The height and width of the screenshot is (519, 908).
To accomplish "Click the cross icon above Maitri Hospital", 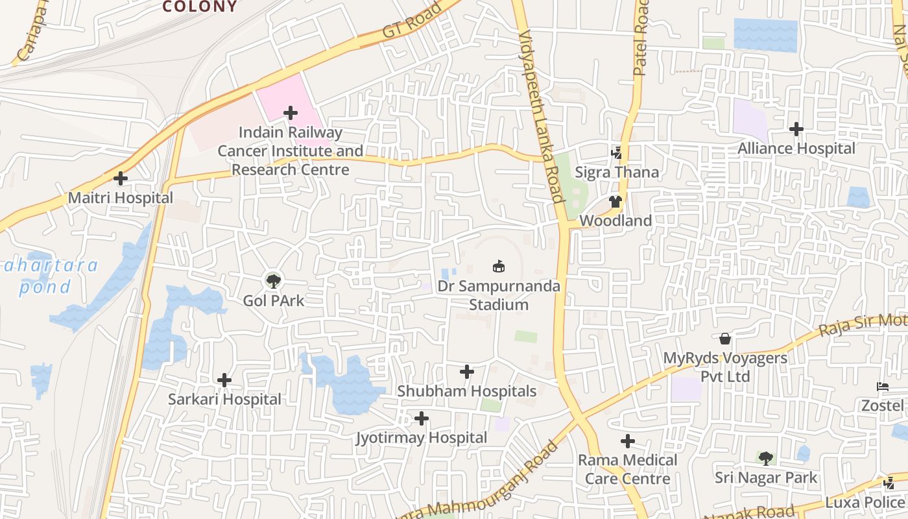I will coord(121,178).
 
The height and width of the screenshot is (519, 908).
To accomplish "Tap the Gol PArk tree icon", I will coord(274,281).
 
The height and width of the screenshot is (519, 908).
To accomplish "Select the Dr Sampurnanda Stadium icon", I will coord(498,266).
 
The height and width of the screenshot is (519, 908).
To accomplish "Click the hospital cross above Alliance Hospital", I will coord(796,129).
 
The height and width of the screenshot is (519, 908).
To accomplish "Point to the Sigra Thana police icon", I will coord(616,153).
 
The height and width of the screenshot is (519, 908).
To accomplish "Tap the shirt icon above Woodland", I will coord(615,202).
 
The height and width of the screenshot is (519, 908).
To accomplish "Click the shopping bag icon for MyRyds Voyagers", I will coord(725,339).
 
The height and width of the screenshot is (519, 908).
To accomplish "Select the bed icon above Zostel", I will coord(882,387).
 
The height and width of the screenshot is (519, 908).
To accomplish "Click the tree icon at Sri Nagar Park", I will coord(766,459).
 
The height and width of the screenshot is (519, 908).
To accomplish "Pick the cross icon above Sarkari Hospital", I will coord(224,380).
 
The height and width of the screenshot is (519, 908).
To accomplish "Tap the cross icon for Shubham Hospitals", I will coord(467,372).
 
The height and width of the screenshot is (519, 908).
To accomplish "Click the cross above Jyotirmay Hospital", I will coord(422,418).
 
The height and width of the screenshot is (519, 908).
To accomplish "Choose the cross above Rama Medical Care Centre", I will coord(628,441).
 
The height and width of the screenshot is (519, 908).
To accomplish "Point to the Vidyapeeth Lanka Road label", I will coord(540,117).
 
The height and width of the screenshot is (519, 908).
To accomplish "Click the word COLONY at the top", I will coord(200,6).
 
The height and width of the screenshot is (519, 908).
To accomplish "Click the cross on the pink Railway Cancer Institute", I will coord(291,113).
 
